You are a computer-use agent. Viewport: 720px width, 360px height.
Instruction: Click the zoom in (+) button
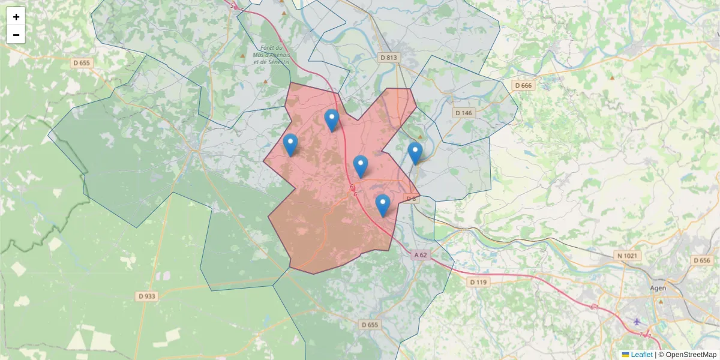click(16, 17)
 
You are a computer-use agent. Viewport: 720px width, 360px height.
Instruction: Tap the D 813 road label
click(389, 58)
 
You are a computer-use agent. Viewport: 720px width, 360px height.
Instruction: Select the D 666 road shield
click(523, 86)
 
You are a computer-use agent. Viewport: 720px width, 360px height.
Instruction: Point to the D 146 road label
click(464, 113)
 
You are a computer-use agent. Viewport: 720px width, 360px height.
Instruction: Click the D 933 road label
click(147, 296)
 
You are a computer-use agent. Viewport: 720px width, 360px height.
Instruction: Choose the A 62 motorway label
click(421, 255)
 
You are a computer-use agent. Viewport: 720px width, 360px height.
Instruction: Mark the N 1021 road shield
click(628, 256)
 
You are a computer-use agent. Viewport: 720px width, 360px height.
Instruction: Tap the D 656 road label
click(701, 260)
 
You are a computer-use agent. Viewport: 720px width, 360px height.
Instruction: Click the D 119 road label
click(479, 282)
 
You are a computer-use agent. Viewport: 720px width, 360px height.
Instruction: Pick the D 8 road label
click(411, 199)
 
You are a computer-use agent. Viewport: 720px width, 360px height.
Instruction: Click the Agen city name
click(658, 288)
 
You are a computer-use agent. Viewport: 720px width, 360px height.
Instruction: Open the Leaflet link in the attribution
click(641, 355)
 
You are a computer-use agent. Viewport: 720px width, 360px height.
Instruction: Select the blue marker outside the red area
click(415, 154)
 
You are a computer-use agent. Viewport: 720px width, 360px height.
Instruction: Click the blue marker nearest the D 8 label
click(383, 206)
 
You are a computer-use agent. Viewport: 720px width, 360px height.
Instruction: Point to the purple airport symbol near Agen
click(637, 322)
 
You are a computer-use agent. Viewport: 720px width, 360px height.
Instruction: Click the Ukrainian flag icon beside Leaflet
click(625, 355)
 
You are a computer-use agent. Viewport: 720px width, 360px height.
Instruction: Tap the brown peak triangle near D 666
click(612, 77)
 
